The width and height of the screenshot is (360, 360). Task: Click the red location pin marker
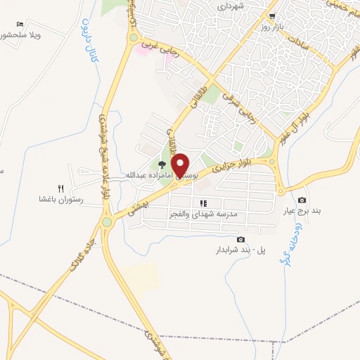[181, 165]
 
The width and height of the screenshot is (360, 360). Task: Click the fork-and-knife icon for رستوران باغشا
[60, 188]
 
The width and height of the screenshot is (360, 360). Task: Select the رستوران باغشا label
[61, 200]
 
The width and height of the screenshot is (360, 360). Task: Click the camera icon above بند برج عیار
[302, 200]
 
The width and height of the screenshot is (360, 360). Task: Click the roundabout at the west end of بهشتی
[106, 222]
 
